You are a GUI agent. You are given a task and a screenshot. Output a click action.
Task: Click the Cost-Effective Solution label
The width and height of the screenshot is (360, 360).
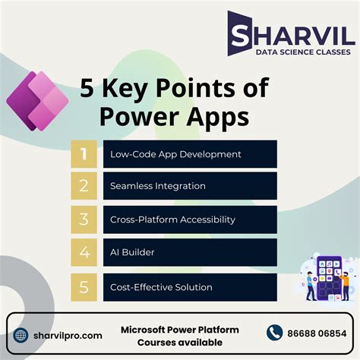pyautogui.click(x=160, y=287)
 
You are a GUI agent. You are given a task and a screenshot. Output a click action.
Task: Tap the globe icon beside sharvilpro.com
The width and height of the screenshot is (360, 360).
pyautogui.click(x=21, y=334)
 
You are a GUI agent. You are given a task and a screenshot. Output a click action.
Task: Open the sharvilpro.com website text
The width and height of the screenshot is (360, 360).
pyautogui.click(x=68, y=335)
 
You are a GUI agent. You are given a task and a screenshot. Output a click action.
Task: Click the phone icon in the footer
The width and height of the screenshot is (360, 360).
pyautogui.click(x=275, y=333)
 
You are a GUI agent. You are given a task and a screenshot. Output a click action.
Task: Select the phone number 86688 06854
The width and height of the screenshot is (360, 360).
pyautogui.click(x=316, y=333)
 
